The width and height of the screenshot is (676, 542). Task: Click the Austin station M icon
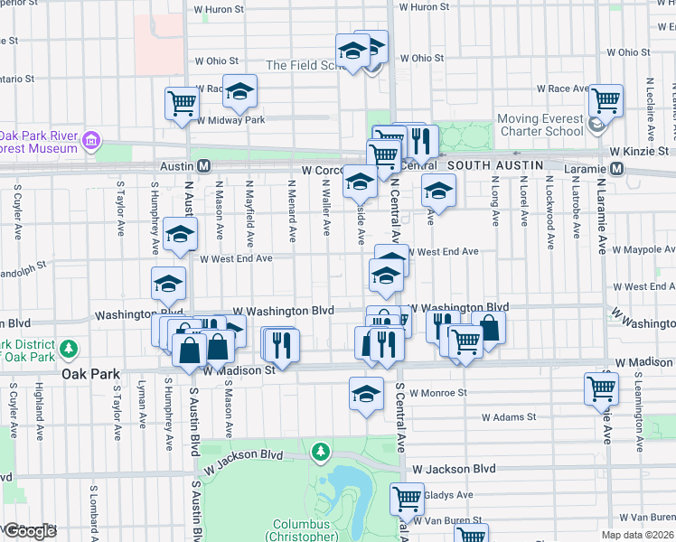204,167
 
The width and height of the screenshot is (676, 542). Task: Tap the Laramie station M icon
618,169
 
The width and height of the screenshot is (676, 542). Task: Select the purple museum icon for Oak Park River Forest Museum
90,141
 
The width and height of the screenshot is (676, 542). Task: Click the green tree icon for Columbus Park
319,450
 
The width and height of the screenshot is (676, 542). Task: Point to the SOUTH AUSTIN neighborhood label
494,165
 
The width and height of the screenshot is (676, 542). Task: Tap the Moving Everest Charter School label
540,124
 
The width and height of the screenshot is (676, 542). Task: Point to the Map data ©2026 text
637,535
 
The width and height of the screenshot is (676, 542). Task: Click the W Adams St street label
508,417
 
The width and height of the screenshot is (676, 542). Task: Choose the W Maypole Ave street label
643,249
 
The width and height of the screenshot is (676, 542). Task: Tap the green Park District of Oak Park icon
68,348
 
